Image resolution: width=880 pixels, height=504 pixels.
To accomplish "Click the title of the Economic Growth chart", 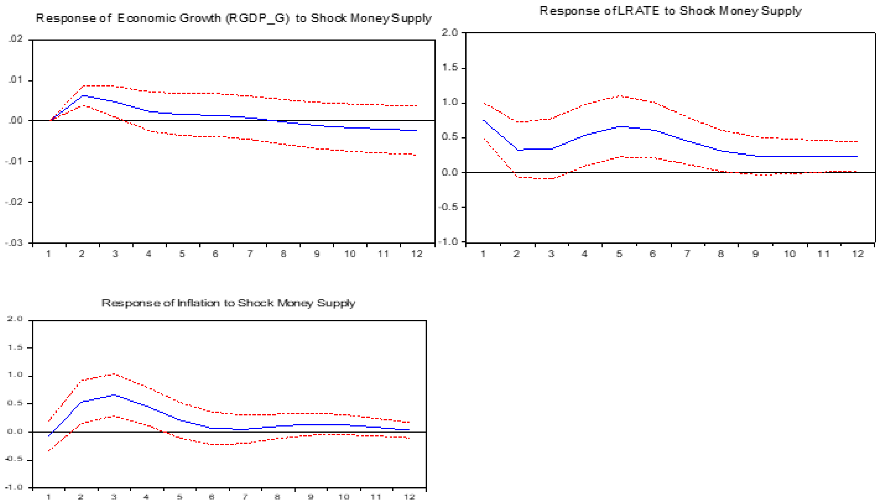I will [x=233, y=18].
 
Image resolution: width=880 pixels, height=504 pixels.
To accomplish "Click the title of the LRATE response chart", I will [x=670, y=11].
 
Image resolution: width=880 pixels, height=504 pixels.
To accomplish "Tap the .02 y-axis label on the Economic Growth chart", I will [x=15, y=39].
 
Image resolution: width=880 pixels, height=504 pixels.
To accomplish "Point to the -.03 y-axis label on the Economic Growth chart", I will [x=14, y=243].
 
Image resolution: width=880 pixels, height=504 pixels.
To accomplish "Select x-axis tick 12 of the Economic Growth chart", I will [x=416, y=254].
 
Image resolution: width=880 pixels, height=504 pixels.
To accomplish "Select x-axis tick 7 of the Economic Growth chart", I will [x=250, y=254].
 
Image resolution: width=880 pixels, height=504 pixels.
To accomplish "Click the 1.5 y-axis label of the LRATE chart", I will [x=450, y=67].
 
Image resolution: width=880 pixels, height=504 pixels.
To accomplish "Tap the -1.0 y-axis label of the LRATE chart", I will [x=448, y=241].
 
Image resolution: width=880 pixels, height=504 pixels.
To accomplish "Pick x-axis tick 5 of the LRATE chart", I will [x=619, y=254].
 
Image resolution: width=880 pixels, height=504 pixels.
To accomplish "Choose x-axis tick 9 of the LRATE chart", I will [x=755, y=254].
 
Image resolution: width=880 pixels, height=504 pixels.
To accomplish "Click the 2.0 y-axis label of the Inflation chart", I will [x=15, y=319].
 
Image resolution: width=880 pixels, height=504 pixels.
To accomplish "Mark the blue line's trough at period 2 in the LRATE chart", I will [x=518, y=150].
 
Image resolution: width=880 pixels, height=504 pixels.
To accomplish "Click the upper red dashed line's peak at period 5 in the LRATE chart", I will [x=620, y=96].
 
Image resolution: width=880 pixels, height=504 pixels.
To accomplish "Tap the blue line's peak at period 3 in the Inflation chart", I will [x=114, y=395].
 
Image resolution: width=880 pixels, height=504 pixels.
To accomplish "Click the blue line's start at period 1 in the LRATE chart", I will [x=483, y=121].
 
